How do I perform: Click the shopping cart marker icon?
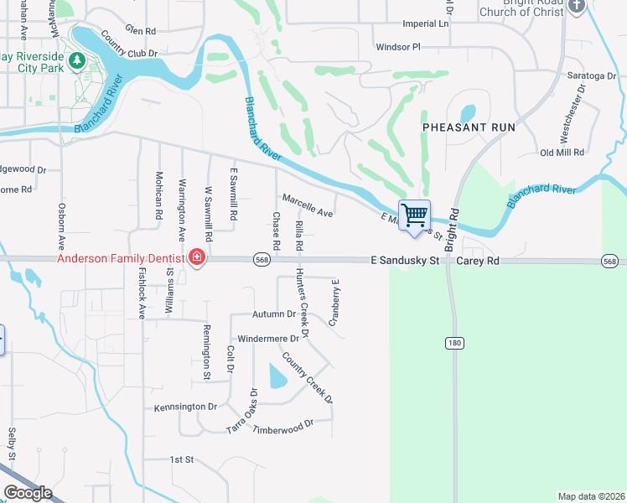(x=415, y=215)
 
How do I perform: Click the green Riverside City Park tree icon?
(x=76, y=60)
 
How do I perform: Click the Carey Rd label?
(x=479, y=262)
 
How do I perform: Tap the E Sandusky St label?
(x=405, y=262)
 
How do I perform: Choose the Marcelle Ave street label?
(x=308, y=206)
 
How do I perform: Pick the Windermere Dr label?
(x=268, y=339)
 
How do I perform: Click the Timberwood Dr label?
(x=284, y=424)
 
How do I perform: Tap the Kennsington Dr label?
(x=185, y=407)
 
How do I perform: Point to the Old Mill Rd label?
(x=562, y=153)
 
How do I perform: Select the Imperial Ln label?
(x=426, y=23)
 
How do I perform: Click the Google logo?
(x=28, y=493)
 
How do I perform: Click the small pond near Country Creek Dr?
(x=277, y=377)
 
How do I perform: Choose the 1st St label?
(x=181, y=460)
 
